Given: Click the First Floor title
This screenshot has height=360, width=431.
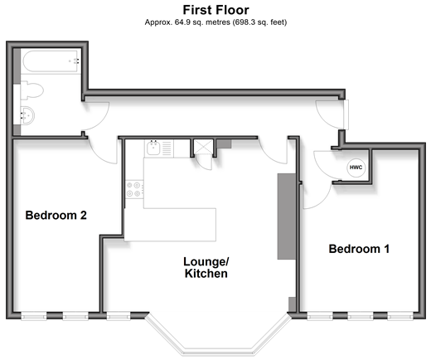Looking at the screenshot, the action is (x=215, y=10).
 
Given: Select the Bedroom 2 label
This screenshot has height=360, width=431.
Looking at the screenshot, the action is (x=56, y=215).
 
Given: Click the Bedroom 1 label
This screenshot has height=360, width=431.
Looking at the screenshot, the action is (x=359, y=249).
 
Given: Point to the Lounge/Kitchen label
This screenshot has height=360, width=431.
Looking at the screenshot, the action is (x=206, y=267).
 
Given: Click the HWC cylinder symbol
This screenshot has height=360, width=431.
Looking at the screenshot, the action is (x=356, y=168).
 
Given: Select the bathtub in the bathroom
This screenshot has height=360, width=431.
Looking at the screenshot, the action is (x=51, y=61).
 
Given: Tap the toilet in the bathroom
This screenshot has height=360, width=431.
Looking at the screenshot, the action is (x=31, y=90).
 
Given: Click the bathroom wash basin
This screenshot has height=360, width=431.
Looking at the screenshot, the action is (x=27, y=115).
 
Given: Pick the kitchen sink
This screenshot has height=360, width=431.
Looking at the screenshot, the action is (x=153, y=148).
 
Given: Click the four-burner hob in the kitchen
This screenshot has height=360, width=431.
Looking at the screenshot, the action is (x=134, y=189).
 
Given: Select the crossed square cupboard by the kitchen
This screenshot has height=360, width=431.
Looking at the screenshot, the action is (x=203, y=147).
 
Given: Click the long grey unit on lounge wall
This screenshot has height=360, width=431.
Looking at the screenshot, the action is (x=287, y=216).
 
